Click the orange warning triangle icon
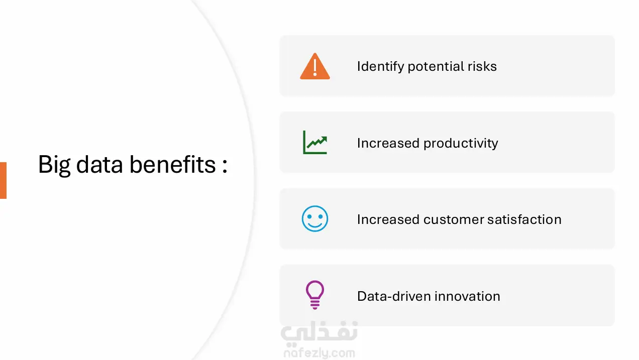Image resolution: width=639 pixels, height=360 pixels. pyautogui.click(x=315, y=66)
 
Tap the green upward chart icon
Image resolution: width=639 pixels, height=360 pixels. pyautogui.click(x=315, y=143)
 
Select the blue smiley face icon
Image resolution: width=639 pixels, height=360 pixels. pyautogui.click(x=315, y=219)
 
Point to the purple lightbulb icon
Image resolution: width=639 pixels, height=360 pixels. pyautogui.click(x=315, y=295)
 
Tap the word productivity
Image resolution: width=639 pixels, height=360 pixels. pyautogui.click(x=461, y=144)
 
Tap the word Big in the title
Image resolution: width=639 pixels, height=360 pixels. pyautogui.click(x=54, y=165)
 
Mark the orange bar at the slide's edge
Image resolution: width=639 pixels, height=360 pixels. pyautogui.click(x=3, y=180)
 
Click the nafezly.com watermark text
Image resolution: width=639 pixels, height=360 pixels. pyautogui.click(x=319, y=353)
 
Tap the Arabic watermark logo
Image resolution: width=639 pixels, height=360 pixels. pyautogui.click(x=319, y=332)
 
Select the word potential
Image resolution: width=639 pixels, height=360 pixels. pyautogui.click(x=435, y=67)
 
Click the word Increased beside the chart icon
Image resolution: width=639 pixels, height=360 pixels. pyautogui.click(x=388, y=143)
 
